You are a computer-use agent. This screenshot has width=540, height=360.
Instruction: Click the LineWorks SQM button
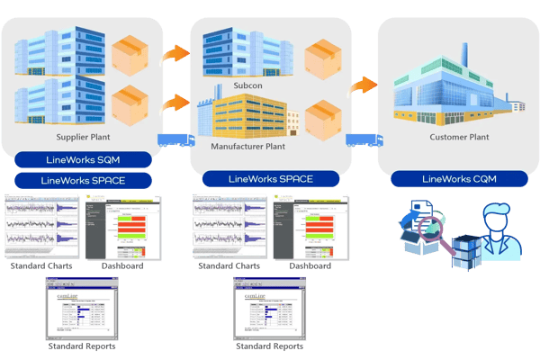(83, 160)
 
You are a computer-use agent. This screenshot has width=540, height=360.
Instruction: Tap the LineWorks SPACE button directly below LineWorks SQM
(83, 180)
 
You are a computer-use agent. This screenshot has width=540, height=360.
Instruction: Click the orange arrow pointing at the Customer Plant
(363, 85)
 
